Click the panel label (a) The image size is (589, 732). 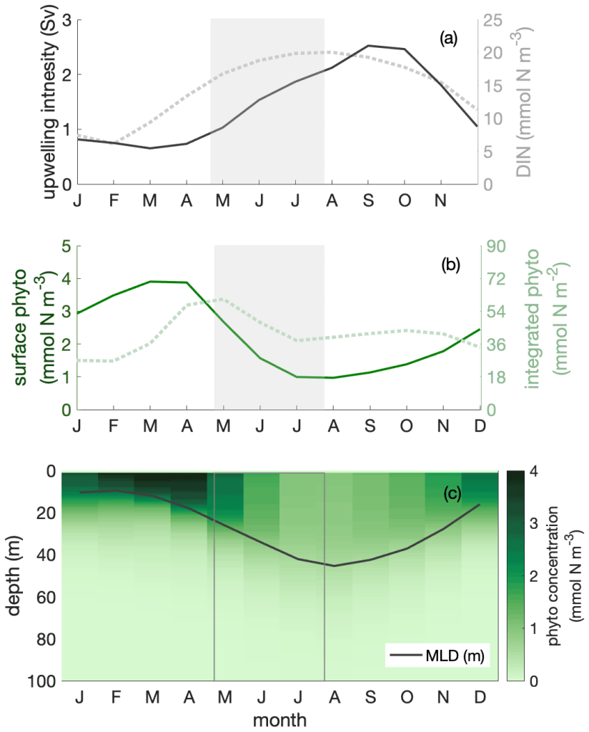(448, 39)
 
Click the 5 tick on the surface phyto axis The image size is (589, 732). (66, 246)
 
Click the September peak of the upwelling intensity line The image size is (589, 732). (368, 46)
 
